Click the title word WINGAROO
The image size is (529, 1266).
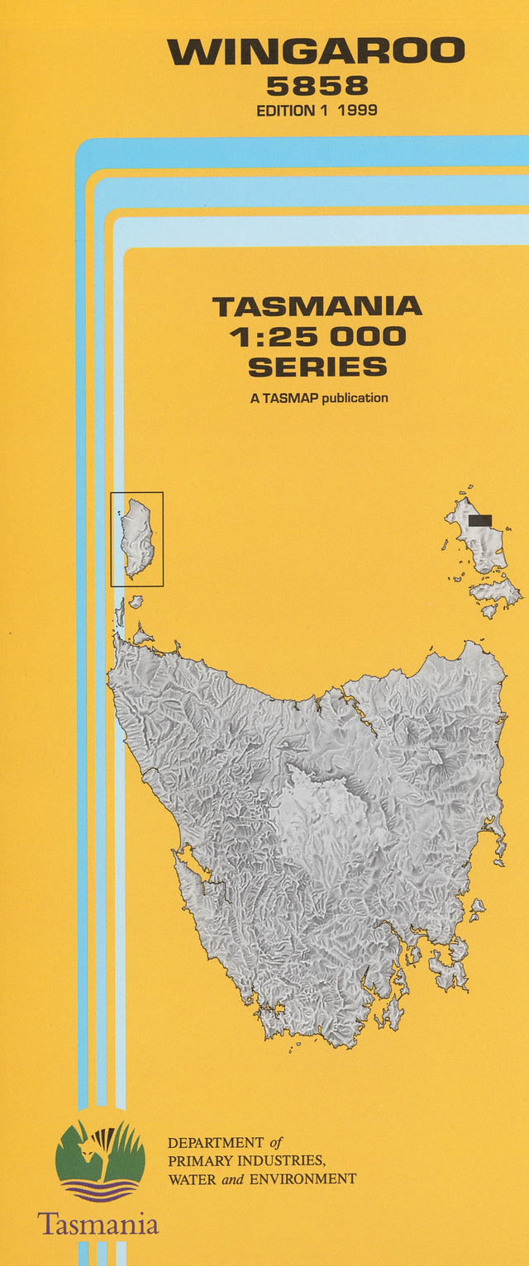(317, 52)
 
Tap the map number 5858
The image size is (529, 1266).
(317, 86)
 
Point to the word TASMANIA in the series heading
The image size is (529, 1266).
(317, 307)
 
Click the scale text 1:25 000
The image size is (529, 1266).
(317, 337)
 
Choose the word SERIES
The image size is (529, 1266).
(317, 367)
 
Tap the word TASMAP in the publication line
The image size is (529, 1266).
(290, 398)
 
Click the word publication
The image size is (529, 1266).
(355, 398)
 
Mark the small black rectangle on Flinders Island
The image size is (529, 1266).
(479, 520)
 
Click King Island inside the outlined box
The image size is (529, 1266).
(138, 538)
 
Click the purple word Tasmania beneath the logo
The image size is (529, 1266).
(98, 1224)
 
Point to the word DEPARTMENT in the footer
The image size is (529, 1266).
(215, 1144)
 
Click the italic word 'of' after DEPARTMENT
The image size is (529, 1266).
(276, 1144)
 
